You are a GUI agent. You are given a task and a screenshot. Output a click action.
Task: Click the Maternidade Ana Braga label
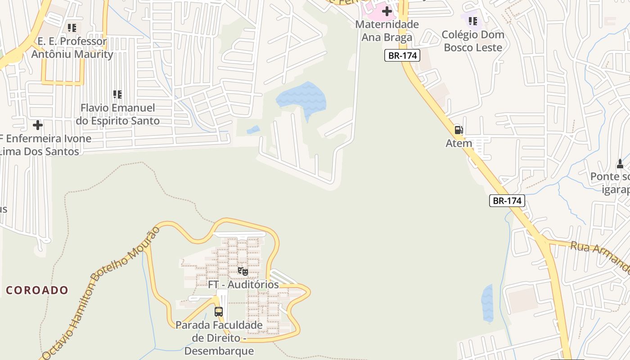coord(387,31)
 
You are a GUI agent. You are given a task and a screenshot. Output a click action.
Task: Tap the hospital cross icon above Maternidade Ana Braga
coord(387,11)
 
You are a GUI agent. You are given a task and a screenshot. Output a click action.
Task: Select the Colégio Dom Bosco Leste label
coord(472,41)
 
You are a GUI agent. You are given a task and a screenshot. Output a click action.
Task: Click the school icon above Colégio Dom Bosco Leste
coord(472,21)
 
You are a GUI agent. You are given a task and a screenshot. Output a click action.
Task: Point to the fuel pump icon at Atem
coord(459,130)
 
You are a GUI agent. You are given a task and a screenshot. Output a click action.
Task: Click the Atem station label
coord(459,143)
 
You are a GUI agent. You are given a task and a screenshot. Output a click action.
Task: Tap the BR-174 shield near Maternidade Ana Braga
coord(402,55)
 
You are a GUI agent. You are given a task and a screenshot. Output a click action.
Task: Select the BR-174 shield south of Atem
coord(507,201)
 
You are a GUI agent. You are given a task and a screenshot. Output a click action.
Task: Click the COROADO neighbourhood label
coord(37,290)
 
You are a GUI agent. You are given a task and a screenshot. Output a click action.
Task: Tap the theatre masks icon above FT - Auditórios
coord(243,271)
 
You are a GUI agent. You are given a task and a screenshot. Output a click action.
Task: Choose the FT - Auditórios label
coord(243,284)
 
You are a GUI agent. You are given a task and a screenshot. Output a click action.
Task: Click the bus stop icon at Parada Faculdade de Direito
coord(219,311)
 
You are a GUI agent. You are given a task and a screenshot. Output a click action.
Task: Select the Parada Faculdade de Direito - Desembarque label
coord(219,337)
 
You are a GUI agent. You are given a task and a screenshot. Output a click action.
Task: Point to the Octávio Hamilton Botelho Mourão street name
coord(101,292)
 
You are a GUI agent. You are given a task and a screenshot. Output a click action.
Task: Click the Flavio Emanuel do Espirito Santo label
coord(117,114)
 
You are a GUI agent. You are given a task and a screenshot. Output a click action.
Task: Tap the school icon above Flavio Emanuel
coord(117,94)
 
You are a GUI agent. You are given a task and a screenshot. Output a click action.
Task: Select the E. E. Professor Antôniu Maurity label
coord(72,48)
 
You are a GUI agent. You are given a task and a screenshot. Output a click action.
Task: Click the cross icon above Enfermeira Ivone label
coord(38,125)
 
